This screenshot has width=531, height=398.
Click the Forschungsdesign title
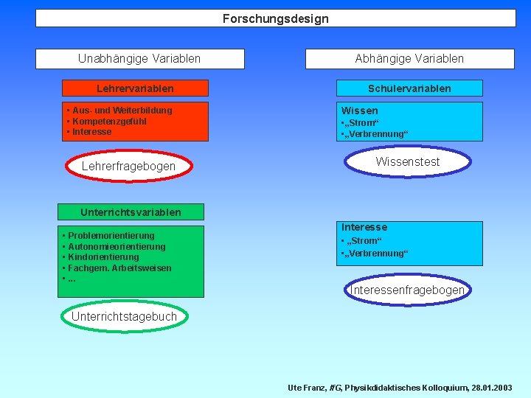point(276,18)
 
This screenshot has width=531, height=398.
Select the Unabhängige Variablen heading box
point(139,58)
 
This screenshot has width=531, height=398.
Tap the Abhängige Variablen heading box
point(409,58)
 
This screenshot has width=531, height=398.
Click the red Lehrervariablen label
point(135,88)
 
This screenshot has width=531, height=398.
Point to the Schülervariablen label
point(409,88)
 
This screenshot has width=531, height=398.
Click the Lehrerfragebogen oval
point(128,167)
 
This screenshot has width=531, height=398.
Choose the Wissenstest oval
point(407,162)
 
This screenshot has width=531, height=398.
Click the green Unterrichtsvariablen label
point(131,212)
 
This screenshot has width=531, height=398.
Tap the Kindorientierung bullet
point(103,257)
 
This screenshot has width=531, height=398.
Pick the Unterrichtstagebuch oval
point(124,317)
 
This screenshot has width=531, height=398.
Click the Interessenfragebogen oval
point(407,290)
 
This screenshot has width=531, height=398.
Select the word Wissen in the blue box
point(359,111)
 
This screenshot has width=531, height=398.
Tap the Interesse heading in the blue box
point(364,228)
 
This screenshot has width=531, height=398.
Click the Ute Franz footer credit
point(399,387)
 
